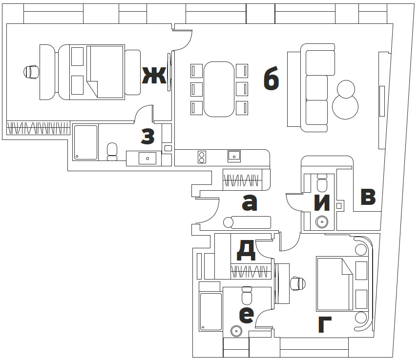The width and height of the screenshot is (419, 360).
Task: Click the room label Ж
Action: tap(154, 75)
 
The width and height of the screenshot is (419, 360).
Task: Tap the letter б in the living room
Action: tap(271, 78)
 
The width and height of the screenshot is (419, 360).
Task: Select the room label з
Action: tap(148, 136)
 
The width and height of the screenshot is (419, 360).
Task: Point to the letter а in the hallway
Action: tap(250, 202)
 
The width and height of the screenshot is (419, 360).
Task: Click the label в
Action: tap(368, 197)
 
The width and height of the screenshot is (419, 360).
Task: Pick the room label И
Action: tap(322, 203)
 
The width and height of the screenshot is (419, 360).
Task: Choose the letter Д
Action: tap(246, 250)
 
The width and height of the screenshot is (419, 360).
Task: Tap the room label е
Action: tap(246, 315)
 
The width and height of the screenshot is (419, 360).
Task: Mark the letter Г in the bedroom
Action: tap(325, 325)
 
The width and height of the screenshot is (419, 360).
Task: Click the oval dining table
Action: tap(219, 89)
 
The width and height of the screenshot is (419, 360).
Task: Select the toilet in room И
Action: tap(322, 183)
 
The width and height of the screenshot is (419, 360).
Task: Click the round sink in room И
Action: tap(322, 221)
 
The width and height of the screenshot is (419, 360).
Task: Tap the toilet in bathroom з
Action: tap(112, 152)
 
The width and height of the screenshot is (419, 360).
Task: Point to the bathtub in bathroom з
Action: tap(85, 142)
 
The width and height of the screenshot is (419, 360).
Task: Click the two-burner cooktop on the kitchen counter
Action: tap(202, 157)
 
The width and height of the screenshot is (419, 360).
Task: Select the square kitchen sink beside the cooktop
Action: tap(234, 157)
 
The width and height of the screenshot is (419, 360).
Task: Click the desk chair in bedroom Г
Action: tap(298, 284)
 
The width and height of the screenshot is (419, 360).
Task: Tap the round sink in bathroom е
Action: tap(236, 331)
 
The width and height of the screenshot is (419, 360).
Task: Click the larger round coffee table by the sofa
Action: tap(345, 106)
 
